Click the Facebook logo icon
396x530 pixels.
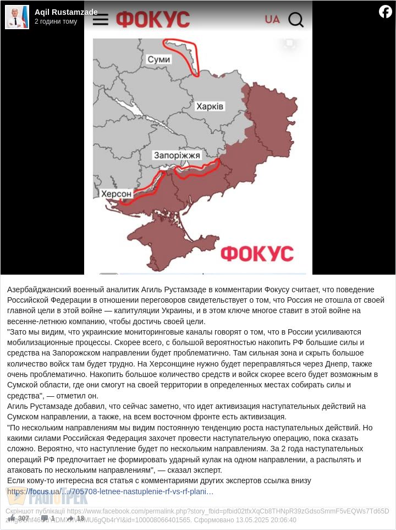(x=386, y=12)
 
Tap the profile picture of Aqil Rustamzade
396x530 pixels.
(x=17, y=17)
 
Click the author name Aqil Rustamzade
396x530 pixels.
(x=66, y=12)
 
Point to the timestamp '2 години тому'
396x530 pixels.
(x=56, y=21)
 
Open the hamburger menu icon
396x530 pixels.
(x=101, y=20)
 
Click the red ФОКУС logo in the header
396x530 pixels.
(x=153, y=19)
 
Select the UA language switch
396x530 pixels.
(x=272, y=19)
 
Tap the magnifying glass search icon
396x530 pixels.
(x=296, y=20)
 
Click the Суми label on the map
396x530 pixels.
(x=159, y=59)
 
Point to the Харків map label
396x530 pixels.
(x=210, y=106)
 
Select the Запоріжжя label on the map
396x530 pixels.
(x=177, y=155)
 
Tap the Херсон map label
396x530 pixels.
(x=117, y=194)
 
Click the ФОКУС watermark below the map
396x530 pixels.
(x=257, y=254)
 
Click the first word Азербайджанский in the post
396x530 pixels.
(x=38, y=289)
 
